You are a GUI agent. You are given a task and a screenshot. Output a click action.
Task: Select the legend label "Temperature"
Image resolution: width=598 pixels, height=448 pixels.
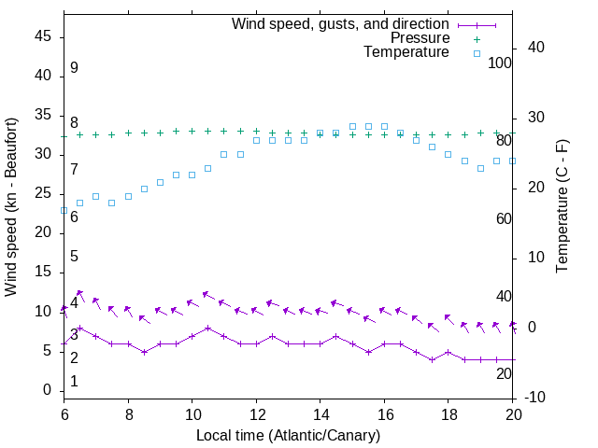click(x=406, y=53)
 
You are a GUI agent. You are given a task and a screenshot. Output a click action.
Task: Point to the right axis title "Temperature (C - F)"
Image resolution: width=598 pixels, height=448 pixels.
click(x=562, y=207)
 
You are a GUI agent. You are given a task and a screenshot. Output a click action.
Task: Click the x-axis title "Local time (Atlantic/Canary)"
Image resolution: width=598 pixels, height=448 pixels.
click(x=288, y=435)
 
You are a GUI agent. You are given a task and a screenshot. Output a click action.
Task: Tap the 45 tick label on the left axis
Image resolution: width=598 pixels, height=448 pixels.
click(x=43, y=37)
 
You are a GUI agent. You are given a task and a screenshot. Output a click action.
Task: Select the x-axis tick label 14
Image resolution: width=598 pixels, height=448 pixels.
click(x=320, y=413)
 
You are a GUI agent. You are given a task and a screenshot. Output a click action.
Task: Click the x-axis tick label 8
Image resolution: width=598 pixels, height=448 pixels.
click(x=128, y=413)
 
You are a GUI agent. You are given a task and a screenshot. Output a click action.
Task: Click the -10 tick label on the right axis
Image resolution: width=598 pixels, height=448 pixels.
click(x=536, y=398)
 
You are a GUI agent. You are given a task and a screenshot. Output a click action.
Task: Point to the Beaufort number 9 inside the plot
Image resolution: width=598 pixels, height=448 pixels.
click(x=74, y=68)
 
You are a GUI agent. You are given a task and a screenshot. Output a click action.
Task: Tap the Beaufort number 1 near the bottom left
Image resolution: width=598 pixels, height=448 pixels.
click(x=74, y=382)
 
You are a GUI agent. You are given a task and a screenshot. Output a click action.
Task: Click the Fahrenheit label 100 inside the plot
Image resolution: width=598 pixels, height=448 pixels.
click(x=501, y=63)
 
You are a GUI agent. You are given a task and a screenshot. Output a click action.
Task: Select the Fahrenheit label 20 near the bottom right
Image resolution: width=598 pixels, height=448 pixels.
click(x=504, y=373)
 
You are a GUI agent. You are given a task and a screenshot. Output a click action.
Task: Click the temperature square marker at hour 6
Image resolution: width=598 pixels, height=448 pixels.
click(x=64, y=211)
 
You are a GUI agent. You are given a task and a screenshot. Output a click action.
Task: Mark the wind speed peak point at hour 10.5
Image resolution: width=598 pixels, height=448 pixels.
click(x=207, y=328)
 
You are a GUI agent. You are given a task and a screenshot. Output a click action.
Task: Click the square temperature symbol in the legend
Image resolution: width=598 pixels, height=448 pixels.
click(x=477, y=53)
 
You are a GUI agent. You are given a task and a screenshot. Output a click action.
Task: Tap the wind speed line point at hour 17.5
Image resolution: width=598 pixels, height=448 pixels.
click(x=432, y=359)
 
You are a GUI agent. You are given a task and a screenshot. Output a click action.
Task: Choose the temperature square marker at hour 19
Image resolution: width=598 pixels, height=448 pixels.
click(x=480, y=169)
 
